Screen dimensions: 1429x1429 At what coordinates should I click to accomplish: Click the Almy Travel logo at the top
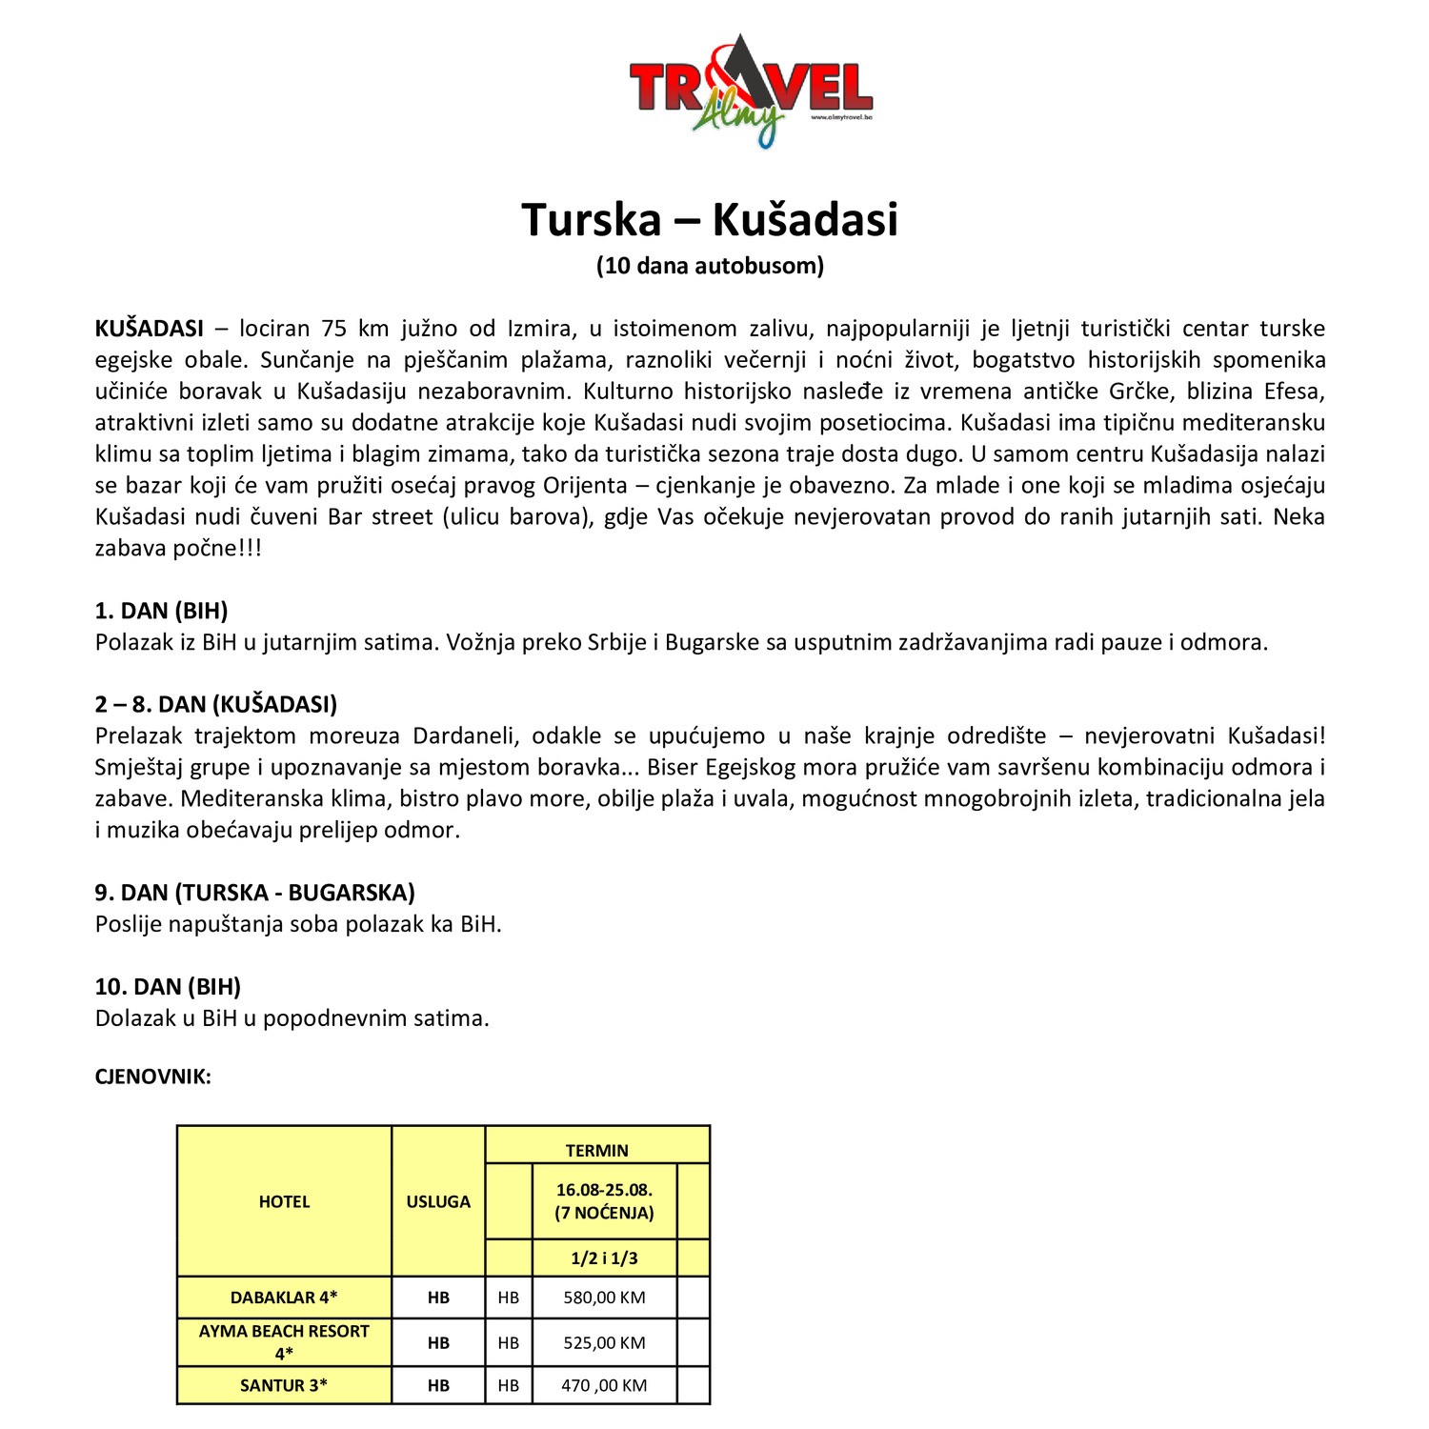point(751,91)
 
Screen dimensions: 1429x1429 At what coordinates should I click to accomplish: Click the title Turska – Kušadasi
point(710,219)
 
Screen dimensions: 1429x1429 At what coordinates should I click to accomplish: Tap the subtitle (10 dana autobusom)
point(710,266)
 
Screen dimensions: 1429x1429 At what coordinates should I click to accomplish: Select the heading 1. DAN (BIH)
point(161,611)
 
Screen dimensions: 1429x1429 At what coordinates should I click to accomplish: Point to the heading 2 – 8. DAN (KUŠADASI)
point(216,704)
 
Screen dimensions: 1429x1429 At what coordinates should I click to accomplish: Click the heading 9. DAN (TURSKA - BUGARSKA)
point(254,893)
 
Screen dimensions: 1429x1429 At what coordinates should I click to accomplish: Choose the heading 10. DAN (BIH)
point(168,986)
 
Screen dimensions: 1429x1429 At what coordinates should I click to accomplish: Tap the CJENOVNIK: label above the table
point(152,1077)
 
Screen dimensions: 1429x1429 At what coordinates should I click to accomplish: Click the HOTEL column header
point(284,1201)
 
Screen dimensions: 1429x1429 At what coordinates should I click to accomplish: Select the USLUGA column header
point(438,1201)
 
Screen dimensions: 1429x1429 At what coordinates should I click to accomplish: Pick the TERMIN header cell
point(597,1150)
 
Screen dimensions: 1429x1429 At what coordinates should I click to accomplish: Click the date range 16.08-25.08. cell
point(604,1191)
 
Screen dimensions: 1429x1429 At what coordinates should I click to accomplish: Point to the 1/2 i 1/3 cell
point(604,1258)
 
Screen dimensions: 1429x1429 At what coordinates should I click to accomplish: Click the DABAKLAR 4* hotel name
point(284,1298)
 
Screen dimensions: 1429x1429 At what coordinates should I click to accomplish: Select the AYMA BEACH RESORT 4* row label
point(284,1341)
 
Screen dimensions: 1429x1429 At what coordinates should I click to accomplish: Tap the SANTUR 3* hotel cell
point(284,1385)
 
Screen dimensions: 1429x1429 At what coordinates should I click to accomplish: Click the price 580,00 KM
point(604,1298)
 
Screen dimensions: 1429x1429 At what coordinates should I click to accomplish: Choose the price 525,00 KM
point(604,1342)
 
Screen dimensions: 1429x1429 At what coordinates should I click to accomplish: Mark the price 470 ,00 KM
point(604,1385)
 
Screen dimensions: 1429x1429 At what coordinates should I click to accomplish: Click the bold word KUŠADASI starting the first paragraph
point(149,329)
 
